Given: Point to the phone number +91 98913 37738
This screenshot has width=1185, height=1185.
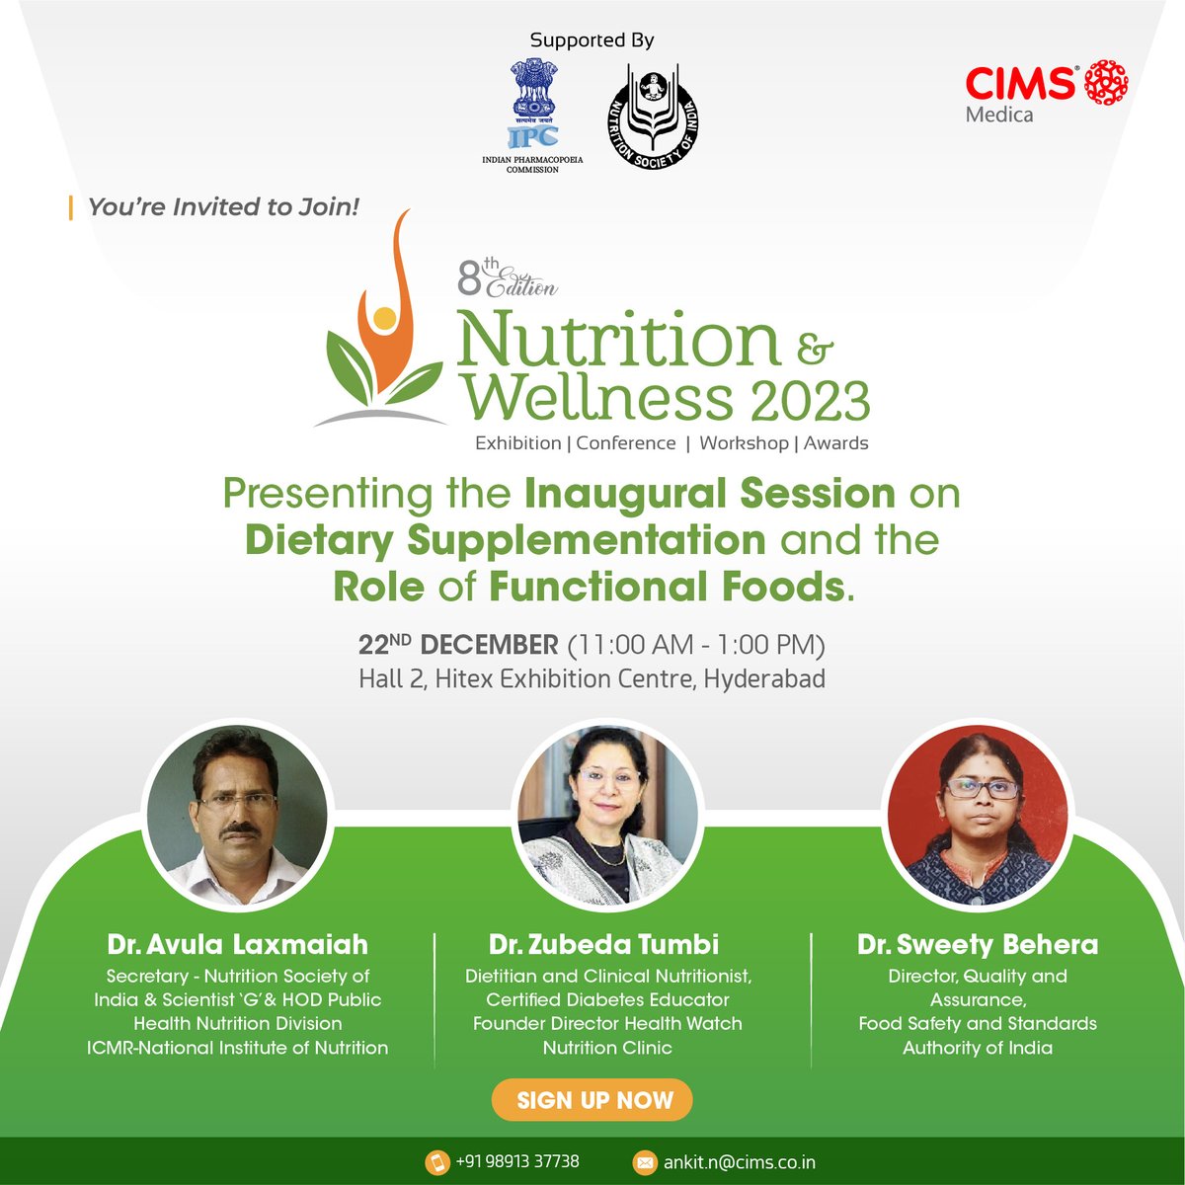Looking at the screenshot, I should pyautogui.click(x=517, y=1162).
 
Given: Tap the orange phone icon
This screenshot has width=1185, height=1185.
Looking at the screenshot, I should pyautogui.click(x=436, y=1162).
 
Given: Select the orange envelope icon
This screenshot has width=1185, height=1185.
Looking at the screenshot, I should pyautogui.click(x=644, y=1163).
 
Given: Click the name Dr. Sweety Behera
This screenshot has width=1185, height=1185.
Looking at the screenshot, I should pyautogui.click(x=978, y=945).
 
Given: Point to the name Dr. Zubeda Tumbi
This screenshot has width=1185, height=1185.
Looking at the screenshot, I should pyautogui.click(x=603, y=944).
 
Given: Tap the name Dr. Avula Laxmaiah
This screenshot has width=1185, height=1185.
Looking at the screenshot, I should pyautogui.click(x=238, y=945).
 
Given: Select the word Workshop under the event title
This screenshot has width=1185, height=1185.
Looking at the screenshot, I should pyautogui.click(x=744, y=443).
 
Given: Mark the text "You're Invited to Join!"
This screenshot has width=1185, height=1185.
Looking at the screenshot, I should pyautogui.click(x=223, y=207).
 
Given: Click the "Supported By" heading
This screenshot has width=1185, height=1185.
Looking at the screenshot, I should pyautogui.click(x=592, y=40).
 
